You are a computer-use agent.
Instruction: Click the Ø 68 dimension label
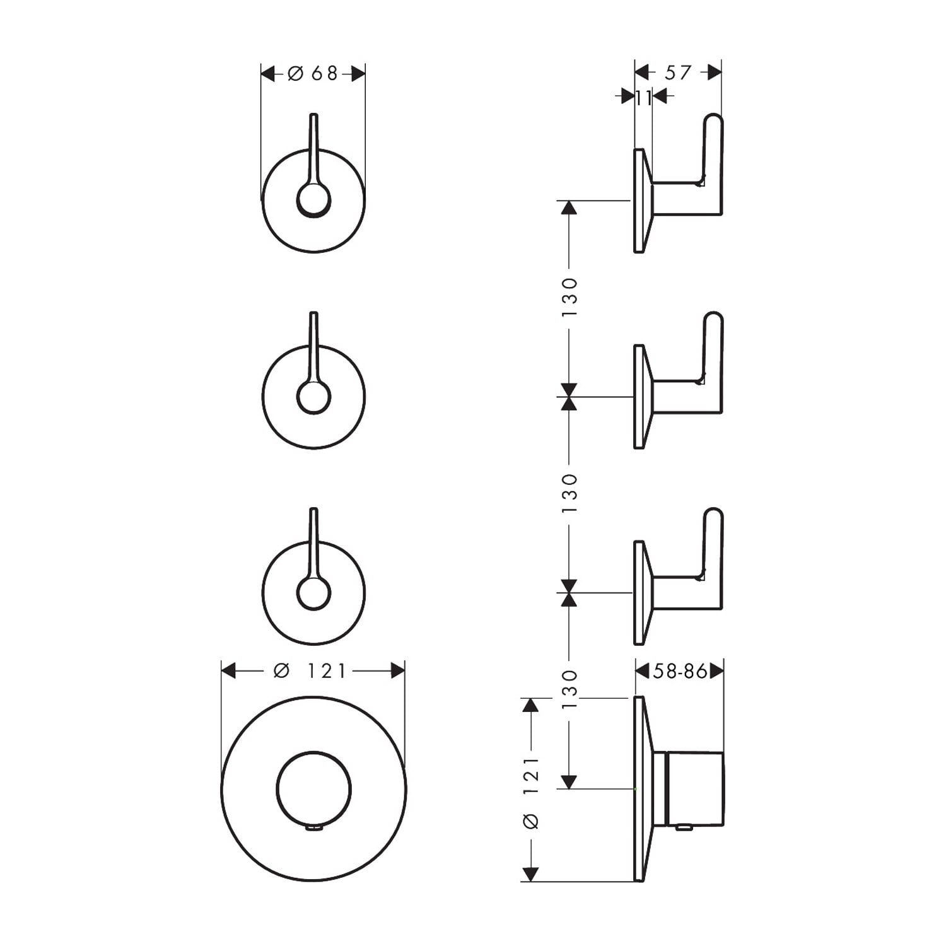313,74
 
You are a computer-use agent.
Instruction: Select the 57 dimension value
678,73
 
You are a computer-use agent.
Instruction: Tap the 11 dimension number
643,98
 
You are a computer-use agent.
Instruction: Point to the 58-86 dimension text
680,671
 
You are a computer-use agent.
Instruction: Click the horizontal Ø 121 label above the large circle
310,670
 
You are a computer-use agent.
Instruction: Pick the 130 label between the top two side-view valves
569,298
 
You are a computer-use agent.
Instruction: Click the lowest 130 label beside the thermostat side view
569,690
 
